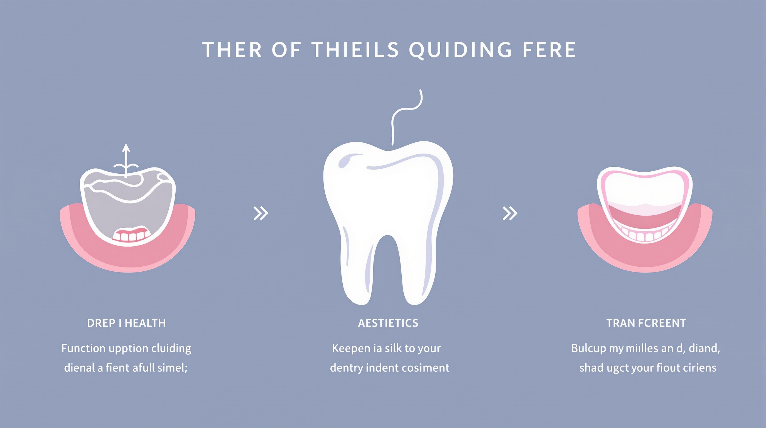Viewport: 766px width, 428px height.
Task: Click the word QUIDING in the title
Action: click(x=461, y=50)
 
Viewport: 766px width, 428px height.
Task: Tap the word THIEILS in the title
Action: click(x=355, y=49)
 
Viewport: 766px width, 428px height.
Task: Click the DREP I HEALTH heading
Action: click(x=126, y=323)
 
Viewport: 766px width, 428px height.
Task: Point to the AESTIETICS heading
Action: click(x=388, y=323)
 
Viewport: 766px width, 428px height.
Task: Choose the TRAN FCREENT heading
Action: click(x=646, y=323)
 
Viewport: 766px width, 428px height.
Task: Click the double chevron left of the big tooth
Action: click(x=261, y=213)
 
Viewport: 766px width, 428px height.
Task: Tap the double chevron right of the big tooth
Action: click(x=510, y=213)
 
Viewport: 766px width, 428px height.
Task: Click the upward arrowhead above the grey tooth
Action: click(x=126, y=148)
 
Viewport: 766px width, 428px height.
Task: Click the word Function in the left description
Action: click(x=84, y=348)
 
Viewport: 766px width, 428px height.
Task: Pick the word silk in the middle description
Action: click(x=396, y=348)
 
